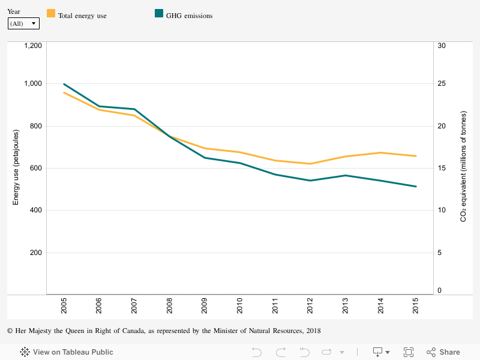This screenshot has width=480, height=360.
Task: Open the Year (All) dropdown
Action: pos(23,23)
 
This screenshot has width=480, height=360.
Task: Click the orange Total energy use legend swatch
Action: pos(51,14)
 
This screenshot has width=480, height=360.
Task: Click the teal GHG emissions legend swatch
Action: pos(159,14)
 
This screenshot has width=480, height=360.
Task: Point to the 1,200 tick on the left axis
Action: pos(32,46)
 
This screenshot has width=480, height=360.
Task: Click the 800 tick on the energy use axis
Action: pos(35,126)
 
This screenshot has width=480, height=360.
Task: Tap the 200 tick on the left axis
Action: pos(35,253)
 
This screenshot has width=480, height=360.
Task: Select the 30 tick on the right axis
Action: pos(442,46)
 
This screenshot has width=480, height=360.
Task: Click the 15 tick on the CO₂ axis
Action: pos(442,168)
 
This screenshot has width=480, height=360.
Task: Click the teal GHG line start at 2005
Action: pos(64,84)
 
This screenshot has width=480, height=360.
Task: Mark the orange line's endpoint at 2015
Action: pos(416,156)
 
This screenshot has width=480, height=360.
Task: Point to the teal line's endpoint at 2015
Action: pos(416,187)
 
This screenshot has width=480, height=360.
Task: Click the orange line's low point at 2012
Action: pos(310,164)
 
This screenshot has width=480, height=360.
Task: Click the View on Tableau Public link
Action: pos(67,352)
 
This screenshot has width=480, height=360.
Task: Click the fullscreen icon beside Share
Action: pos(409,352)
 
